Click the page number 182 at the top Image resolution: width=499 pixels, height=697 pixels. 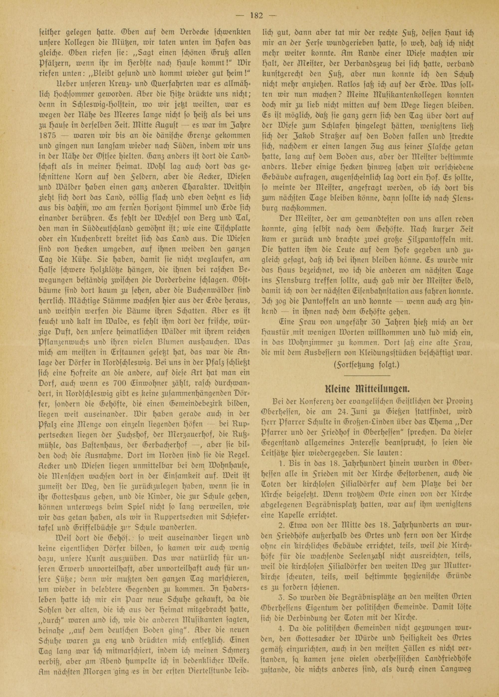(x=256, y=16)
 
